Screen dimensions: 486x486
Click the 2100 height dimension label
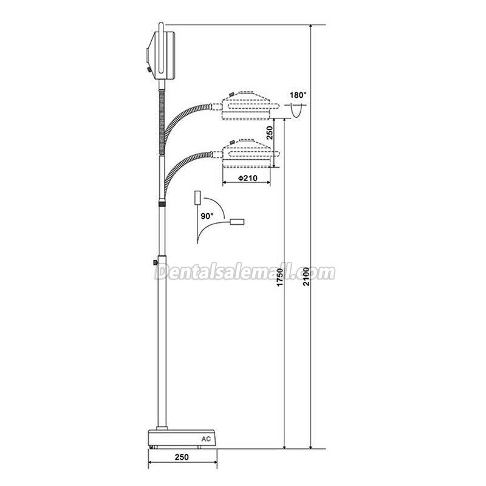click(306, 276)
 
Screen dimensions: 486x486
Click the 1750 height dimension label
click(280, 278)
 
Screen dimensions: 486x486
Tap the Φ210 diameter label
click(247, 178)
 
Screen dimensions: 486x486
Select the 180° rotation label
click(298, 95)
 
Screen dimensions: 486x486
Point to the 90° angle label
click(207, 216)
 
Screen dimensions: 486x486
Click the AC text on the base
click(206, 439)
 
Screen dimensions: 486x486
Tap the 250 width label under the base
click(182, 457)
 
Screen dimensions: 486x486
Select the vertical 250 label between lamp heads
click(270, 133)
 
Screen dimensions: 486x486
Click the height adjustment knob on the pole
click(155, 263)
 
